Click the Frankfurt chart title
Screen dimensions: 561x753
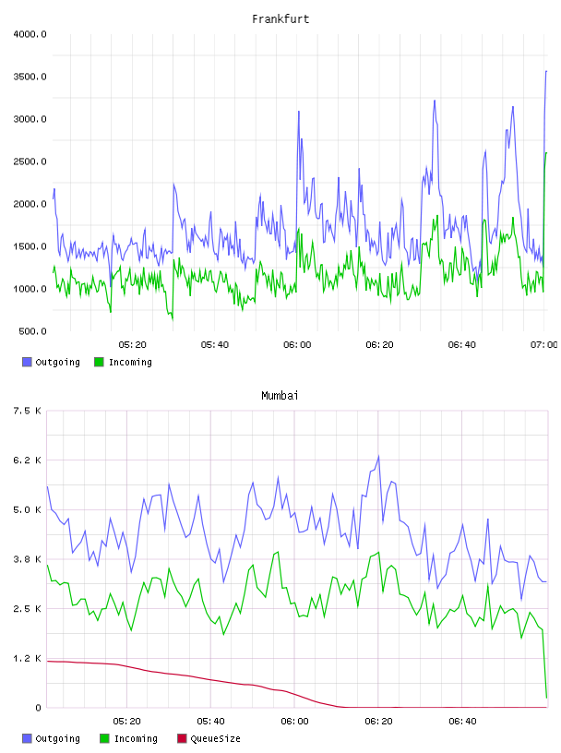pyautogui.click(x=280, y=19)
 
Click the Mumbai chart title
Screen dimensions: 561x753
pyautogui.click(x=280, y=396)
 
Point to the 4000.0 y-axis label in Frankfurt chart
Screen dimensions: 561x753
pyautogui.click(x=30, y=34)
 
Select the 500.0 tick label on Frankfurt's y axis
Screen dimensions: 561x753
pyautogui.click(x=32, y=331)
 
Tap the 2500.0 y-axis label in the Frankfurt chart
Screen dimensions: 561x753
pyautogui.click(x=30, y=161)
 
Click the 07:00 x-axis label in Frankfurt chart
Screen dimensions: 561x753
pyautogui.click(x=543, y=345)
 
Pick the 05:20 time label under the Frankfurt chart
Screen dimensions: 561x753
pyautogui.click(x=133, y=345)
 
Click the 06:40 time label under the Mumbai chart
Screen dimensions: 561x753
pyautogui.click(x=462, y=722)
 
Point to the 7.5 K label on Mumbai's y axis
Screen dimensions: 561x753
pyautogui.click(x=27, y=411)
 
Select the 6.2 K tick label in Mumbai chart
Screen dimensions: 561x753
pyautogui.click(x=27, y=460)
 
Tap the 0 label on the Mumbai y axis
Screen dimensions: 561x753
pyautogui.click(x=38, y=708)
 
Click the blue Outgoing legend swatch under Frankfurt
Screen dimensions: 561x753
pyautogui.click(x=27, y=362)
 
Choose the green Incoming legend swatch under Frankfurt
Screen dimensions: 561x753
pyautogui.click(x=99, y=362)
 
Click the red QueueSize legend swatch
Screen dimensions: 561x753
pyautogui.click(x=182, y=738)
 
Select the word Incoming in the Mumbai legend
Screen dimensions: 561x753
pyautogui.click(x=136, y=738)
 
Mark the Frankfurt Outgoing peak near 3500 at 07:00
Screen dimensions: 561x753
pyautogui.click(x=546, y=71)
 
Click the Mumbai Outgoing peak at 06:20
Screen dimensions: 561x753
pyautogui.click(x=378, y=456)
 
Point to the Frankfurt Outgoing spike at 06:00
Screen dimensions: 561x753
pyautogui.click(x=299, y=112)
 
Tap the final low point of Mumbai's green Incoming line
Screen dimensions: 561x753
pyautogui.click(x=546, y=698)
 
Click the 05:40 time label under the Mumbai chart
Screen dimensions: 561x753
pyautogui.click(x=210, y=722)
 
